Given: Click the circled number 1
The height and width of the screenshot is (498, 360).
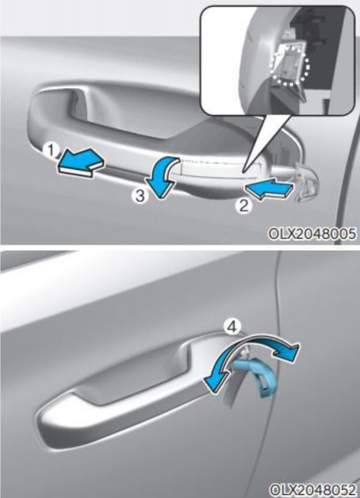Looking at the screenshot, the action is point(51,151).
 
